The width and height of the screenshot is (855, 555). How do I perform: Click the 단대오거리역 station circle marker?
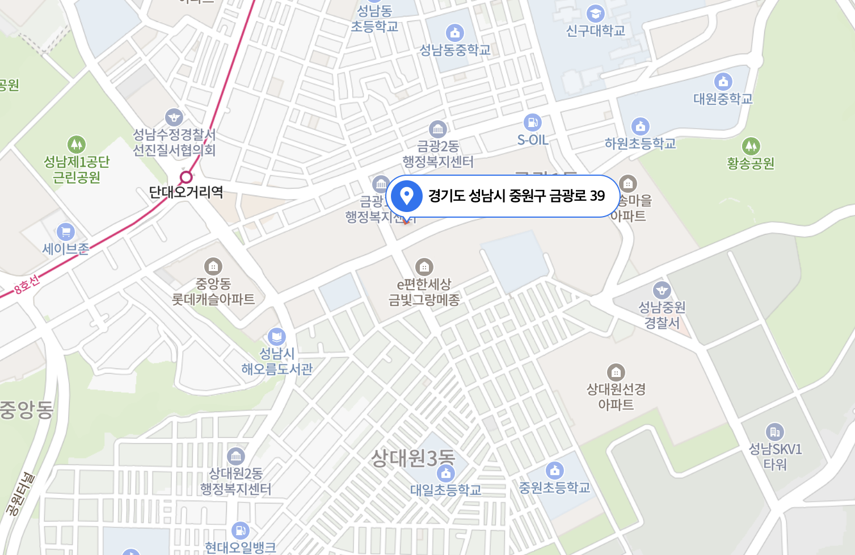coord(186,177)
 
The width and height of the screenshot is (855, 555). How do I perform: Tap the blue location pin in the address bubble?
coord(406,196)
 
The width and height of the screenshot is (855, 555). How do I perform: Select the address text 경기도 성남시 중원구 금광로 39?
coord(516,196)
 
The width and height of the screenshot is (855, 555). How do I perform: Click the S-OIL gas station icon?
coord(532,122)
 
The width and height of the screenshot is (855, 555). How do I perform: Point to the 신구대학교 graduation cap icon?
coord(595,13)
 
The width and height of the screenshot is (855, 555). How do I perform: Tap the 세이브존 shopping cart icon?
coord(66,232)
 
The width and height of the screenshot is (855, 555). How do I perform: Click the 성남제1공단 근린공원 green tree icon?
coord(77,145)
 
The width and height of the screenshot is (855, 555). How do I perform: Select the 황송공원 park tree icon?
coord(751,146)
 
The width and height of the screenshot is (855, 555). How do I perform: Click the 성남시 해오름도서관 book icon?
coord(276,337)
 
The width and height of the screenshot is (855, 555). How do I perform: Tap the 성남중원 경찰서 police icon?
coord(662,290)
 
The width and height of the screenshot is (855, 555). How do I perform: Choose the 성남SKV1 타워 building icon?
coord(774,432)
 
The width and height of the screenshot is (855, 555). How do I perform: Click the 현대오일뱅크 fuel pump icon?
coord(241,531)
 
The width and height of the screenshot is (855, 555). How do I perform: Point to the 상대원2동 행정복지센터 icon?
coord(235,456)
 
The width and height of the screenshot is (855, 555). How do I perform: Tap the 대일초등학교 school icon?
coord(446,473)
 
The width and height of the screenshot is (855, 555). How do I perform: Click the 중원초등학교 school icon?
coord(554,470)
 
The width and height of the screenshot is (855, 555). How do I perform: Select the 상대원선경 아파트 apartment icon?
coord(616,372)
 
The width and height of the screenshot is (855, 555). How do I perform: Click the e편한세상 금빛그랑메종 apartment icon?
coord(424,266)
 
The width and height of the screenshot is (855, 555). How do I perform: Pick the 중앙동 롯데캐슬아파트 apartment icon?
coord(213,266)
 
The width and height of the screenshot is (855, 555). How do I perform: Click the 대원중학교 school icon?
coord(723,82)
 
